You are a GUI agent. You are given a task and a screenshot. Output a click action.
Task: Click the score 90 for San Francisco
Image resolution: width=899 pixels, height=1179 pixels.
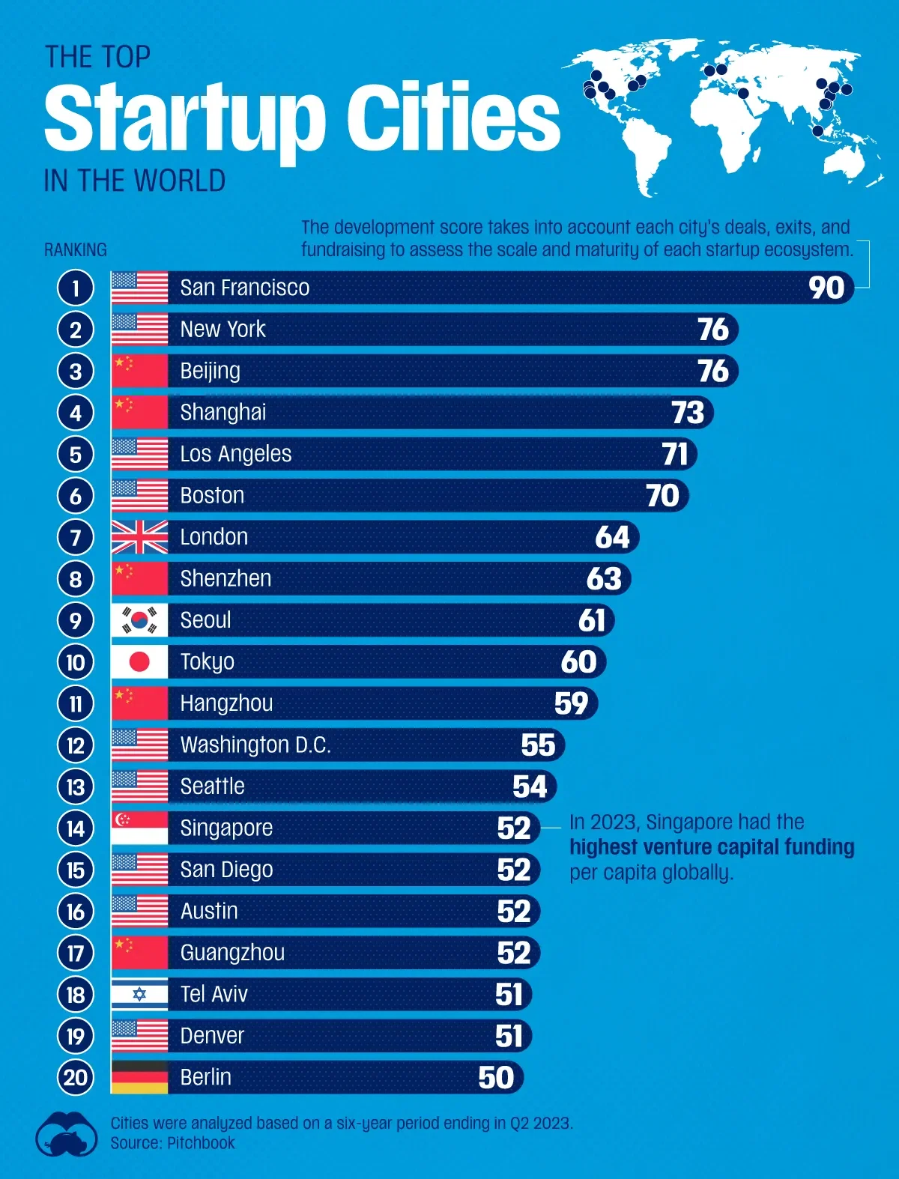826,288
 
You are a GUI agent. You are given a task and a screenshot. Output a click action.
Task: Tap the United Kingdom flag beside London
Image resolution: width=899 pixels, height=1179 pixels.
139,537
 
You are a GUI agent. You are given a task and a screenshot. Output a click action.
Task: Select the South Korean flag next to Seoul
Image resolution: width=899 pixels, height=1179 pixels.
139,620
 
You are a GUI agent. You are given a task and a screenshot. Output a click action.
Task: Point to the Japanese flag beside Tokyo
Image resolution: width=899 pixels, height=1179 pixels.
139,661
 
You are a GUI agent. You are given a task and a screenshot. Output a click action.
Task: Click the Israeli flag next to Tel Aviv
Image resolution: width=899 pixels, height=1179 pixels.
139,994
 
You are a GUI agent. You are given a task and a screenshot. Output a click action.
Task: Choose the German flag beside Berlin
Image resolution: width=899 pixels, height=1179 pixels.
139,1077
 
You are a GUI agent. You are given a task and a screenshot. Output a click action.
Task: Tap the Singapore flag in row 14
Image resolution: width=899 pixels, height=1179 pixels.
139,828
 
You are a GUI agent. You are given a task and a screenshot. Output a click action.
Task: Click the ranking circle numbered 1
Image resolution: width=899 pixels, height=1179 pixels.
76,288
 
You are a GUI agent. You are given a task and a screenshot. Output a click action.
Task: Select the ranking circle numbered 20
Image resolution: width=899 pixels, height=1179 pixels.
76,1077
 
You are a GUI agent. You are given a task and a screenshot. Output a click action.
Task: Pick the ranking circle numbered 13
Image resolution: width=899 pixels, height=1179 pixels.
76,786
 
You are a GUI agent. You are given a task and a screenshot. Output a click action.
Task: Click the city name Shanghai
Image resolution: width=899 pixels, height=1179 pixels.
223,412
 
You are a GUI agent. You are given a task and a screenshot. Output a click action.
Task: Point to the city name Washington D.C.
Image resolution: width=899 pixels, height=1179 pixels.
255,745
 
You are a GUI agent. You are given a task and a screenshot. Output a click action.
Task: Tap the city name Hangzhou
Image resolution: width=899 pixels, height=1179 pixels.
226,703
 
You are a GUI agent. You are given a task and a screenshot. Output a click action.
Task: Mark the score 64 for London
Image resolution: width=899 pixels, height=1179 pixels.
612,537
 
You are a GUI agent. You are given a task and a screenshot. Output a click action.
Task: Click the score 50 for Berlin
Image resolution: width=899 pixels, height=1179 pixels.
496,1077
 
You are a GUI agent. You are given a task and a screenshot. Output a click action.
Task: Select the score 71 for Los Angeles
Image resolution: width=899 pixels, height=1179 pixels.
675,454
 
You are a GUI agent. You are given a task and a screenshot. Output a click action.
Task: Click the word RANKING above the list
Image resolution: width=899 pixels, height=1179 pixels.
76,249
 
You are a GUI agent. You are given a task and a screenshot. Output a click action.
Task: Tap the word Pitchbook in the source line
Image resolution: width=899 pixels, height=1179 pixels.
201,1143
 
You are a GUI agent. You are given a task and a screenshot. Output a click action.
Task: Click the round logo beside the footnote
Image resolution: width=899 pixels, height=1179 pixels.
67,1133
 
